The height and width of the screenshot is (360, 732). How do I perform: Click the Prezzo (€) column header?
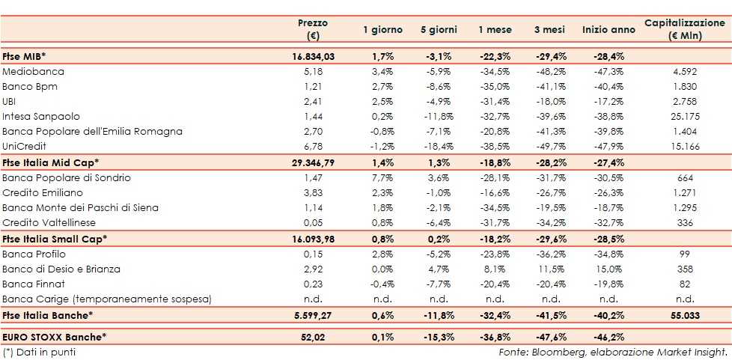[312, 29]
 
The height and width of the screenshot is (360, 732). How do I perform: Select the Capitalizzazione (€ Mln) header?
[684, 29]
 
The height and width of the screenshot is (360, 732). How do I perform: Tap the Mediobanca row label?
[34, 72]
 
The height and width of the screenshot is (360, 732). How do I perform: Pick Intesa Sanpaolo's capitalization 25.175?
[685, 117]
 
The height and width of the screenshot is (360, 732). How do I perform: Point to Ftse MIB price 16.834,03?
[312, 57]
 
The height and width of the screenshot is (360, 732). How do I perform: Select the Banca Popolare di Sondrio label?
[67, 177]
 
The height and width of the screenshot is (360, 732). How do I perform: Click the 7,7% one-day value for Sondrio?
[382, 177]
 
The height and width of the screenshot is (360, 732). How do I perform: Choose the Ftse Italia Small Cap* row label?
[55, 239]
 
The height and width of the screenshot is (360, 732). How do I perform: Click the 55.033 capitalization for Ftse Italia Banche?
[685, 315]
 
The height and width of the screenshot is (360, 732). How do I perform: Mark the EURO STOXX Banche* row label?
[55, 338]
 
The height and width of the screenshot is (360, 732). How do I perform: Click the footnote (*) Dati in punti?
[39, 352]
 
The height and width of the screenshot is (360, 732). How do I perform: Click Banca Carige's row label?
[107, 299]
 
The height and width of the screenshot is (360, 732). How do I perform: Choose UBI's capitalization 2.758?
[685, 102]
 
